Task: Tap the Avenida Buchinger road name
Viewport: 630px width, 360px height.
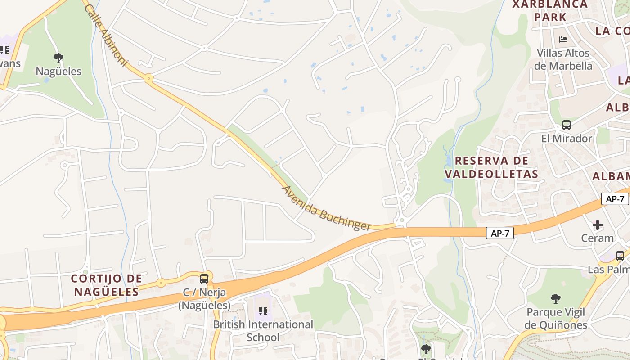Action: [x=326, y=209]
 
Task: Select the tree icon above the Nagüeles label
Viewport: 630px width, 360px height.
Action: [x=58, y=58]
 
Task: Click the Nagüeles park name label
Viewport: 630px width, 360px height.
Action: [x=58, y=72]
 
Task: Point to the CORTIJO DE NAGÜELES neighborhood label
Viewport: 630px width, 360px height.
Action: [x=107, y=285]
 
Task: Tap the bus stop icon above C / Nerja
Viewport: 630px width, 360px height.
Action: [x=204, y=279]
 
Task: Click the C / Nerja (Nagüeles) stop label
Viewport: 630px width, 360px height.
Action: [x=204, y=299]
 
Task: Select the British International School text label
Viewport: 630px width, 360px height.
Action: [x=263, y=331]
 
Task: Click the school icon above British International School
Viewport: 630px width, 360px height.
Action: [x=263, y=310]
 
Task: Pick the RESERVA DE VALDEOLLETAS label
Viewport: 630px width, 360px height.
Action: [x=491, y=167]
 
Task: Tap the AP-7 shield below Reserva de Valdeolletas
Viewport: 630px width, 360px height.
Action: [x=499, y=233]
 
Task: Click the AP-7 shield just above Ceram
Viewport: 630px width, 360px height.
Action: [x=615, y=199]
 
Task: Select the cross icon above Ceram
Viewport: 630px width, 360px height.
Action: [x=598, y=225]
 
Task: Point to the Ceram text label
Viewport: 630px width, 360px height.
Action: [x=598, y=238]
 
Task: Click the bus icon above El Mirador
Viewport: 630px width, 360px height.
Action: [x=567, y=125]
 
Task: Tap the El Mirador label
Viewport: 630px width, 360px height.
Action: [x=567, y=139]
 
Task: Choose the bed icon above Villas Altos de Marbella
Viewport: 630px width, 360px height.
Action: [x=563, y=40]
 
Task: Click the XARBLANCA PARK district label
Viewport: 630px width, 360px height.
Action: [x=550, y=11]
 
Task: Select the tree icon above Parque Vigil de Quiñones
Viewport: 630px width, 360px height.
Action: [x=556, y=298]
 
